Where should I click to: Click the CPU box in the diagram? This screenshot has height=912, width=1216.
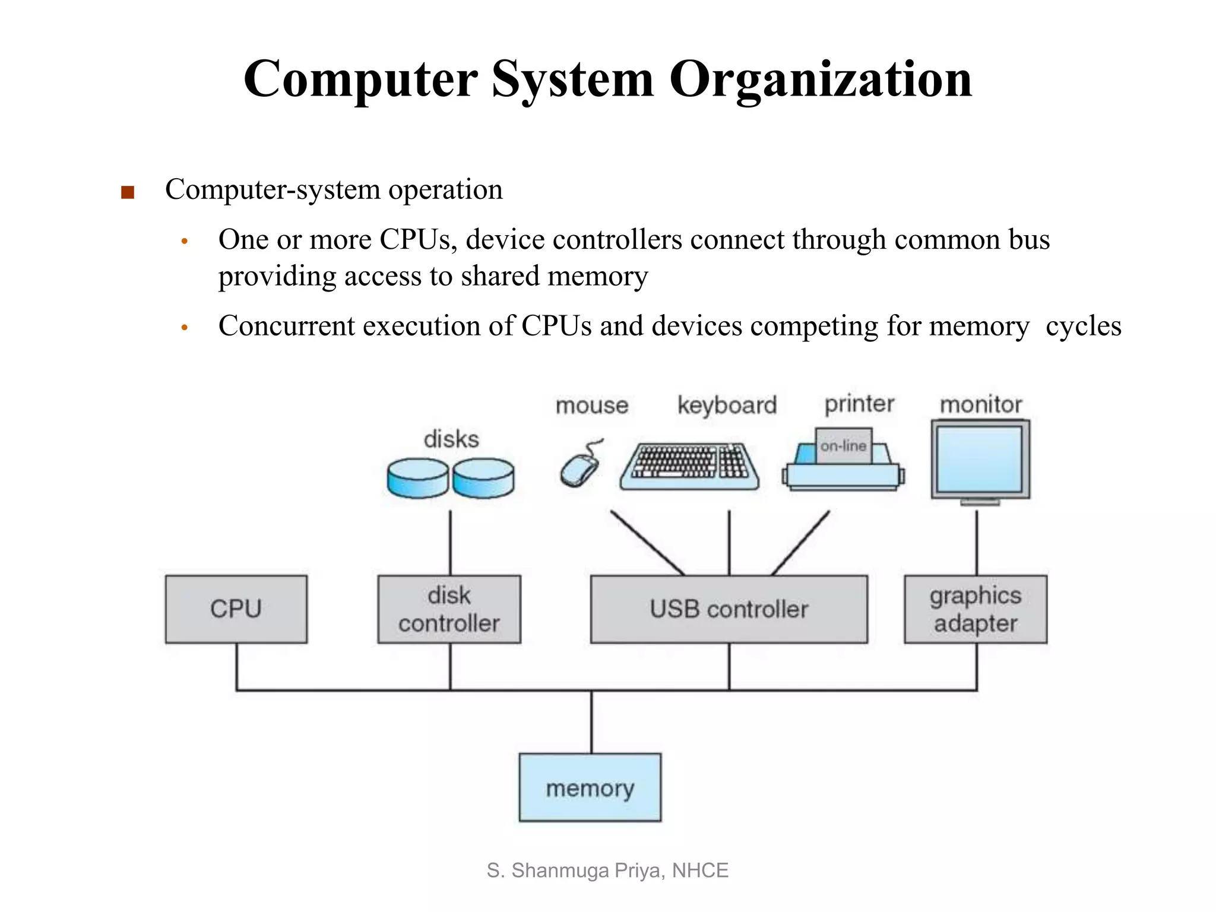[x=236, y=609]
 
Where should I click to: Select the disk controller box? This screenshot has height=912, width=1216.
[x=449, y=609]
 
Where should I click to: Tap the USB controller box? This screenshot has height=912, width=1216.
[x=729, y=609]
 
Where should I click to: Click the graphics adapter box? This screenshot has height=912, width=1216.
[x=975, y=609]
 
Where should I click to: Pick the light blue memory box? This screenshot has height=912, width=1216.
[x=590, y=787]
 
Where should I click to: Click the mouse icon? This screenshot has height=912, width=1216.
[x=579, y=469]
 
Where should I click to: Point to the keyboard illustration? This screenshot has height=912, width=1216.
[x=689, y=467]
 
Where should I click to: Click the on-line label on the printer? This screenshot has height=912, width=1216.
[x=843, y=445]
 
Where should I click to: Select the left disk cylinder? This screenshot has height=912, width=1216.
[x=417, y=477]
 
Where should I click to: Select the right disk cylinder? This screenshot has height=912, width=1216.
[x=483, y=477]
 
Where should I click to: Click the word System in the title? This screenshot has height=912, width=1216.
[x=572, y=80]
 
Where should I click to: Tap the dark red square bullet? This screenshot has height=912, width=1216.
[x=127, y=192]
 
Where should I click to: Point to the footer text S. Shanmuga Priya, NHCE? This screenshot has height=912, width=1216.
[x=607, y=870]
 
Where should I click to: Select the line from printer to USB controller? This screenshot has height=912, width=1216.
[x=800, y=543]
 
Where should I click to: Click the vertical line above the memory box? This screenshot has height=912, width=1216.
[x=591, y=722]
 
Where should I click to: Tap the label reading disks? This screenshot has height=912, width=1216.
[x=451, y=439]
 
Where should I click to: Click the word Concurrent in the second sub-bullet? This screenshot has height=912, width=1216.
[x=286, y=326]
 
